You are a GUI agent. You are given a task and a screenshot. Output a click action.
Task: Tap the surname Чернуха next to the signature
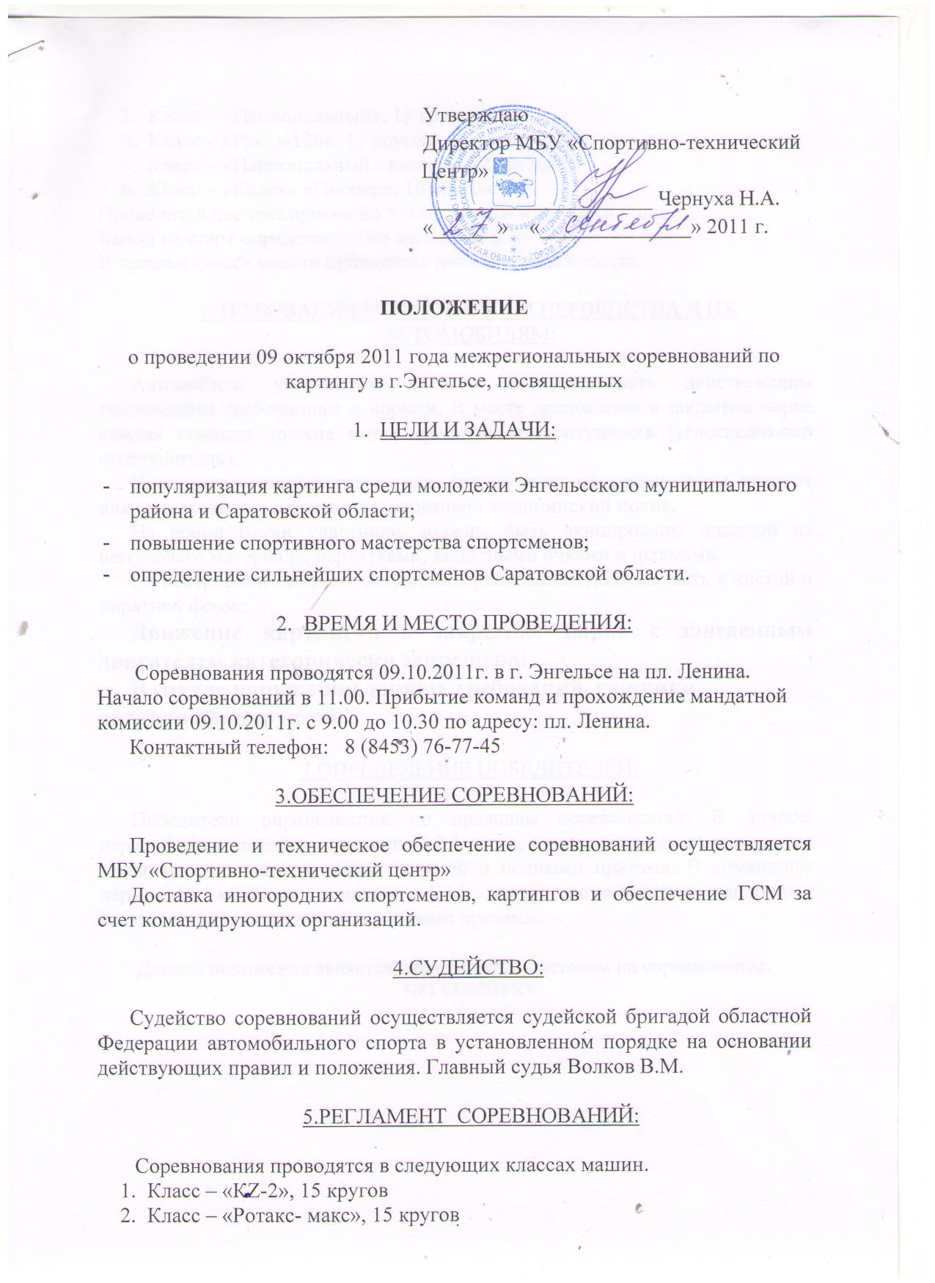coord(700,197)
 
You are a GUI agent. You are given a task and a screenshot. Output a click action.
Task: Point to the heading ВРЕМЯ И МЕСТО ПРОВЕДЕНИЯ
coord(467,622)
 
